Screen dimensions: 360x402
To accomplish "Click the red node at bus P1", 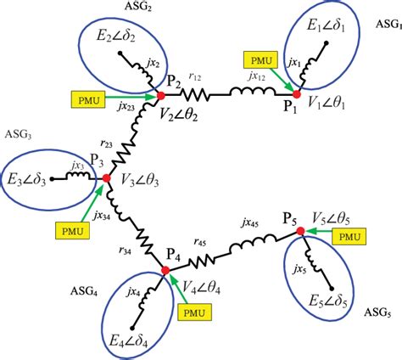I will (297, 93).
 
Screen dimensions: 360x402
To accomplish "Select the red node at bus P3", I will (106, 178).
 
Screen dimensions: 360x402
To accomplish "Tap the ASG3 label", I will (19, 136).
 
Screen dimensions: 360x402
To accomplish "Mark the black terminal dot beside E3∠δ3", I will (53, 179).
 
